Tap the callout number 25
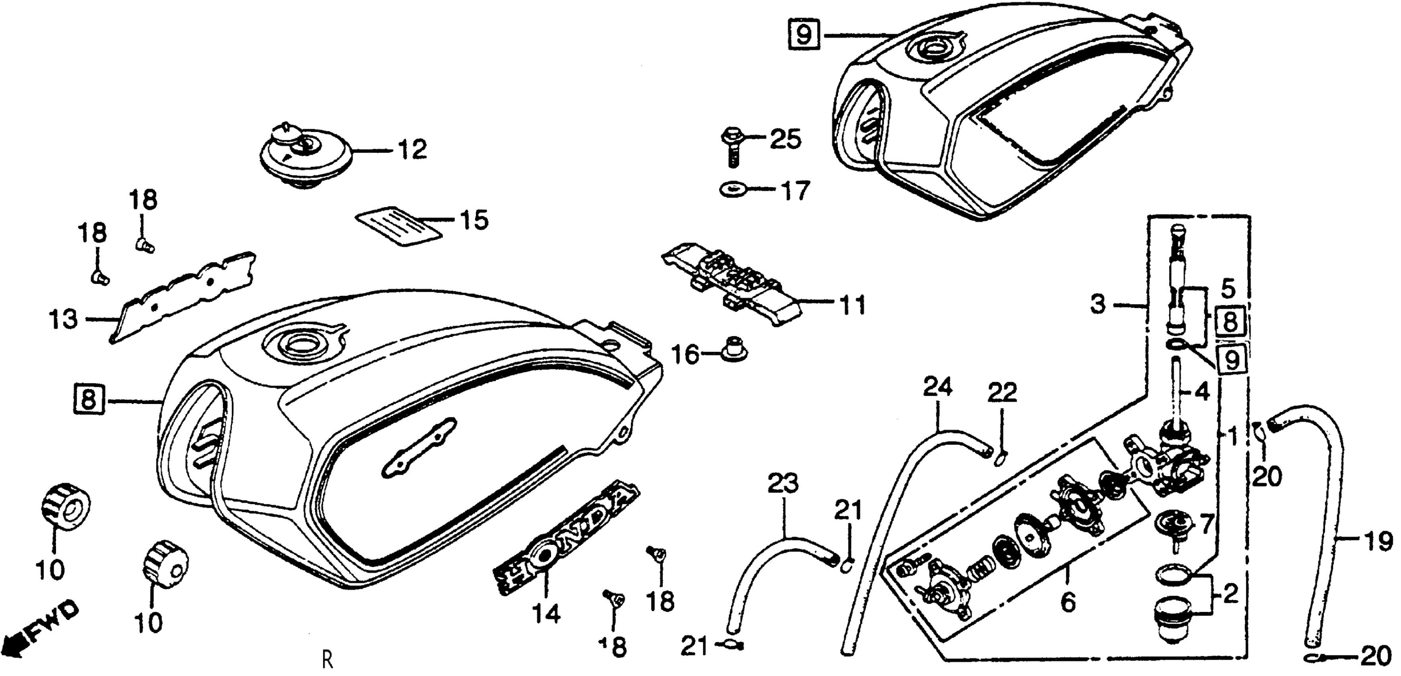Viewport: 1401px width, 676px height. coord(785,140)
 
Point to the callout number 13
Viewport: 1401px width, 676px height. coord(63,320)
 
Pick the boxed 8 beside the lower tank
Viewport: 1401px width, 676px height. coord(88,401)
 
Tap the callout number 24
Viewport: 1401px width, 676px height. coord(938,387)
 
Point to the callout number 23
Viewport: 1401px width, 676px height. coord(783,484)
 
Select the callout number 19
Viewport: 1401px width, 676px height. coord(1378,541)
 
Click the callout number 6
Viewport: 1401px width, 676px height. coord(1067,602)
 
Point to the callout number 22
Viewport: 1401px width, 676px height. coord(1002,392)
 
